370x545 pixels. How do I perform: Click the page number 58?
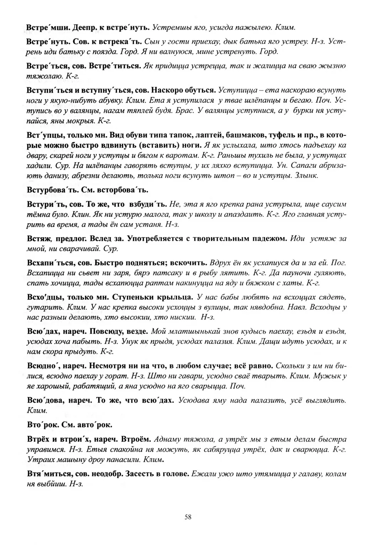188,517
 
